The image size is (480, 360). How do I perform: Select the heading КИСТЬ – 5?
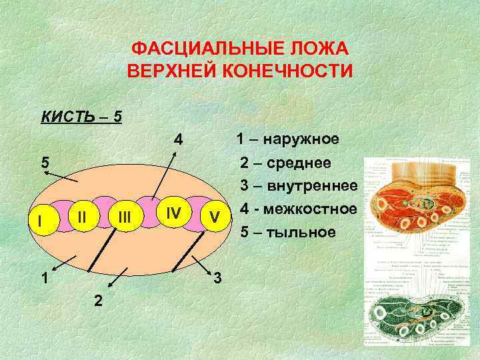click(x=81, y=117)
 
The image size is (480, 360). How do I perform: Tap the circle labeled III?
click(x=124, y=217)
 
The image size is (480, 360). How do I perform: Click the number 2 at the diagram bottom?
click(x=98, y=301)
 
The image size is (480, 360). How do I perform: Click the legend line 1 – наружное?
click(x=287, y=139)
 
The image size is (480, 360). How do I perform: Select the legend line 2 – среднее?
click(x=289, y=163)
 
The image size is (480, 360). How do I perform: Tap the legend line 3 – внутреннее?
click(x=299, y=185)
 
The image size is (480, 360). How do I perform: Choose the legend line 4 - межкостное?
click(x=298, y=209)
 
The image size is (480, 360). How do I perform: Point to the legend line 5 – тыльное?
click(x=287, y=232)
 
